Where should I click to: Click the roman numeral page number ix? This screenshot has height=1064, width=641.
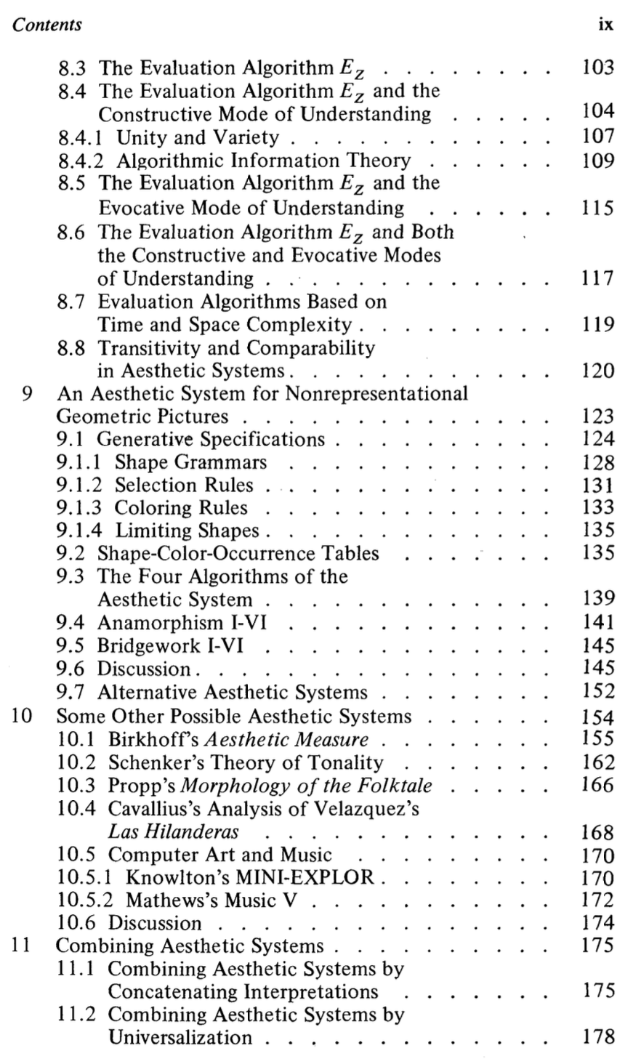click(x=605, y=25)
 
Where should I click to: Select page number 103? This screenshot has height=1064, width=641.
click(x=599, y=69)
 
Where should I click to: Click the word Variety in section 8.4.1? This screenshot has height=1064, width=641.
click(x=247, y=137)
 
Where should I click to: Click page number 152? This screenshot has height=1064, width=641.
click(x=599, y=693)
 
